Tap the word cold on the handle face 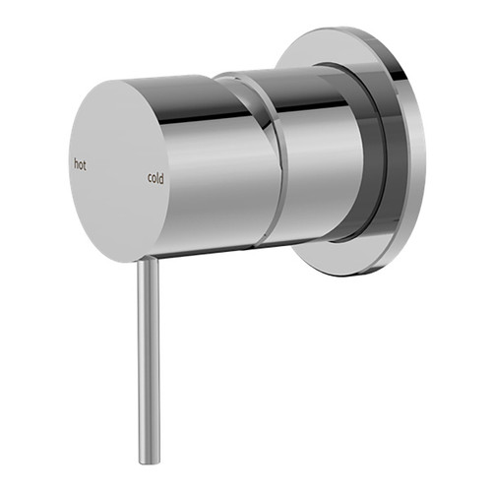(155, 178)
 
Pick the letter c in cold (149, 179)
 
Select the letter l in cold (158, 178)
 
